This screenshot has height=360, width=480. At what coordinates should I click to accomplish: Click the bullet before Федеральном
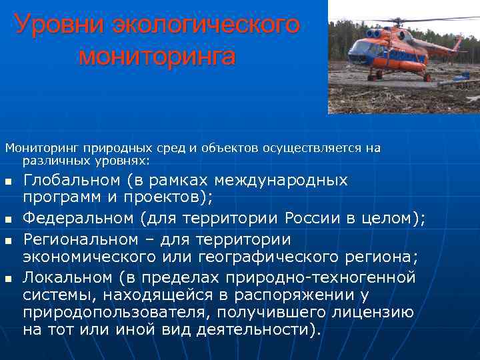pos(7,221)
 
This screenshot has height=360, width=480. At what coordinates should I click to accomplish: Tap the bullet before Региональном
pos(7,240)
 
